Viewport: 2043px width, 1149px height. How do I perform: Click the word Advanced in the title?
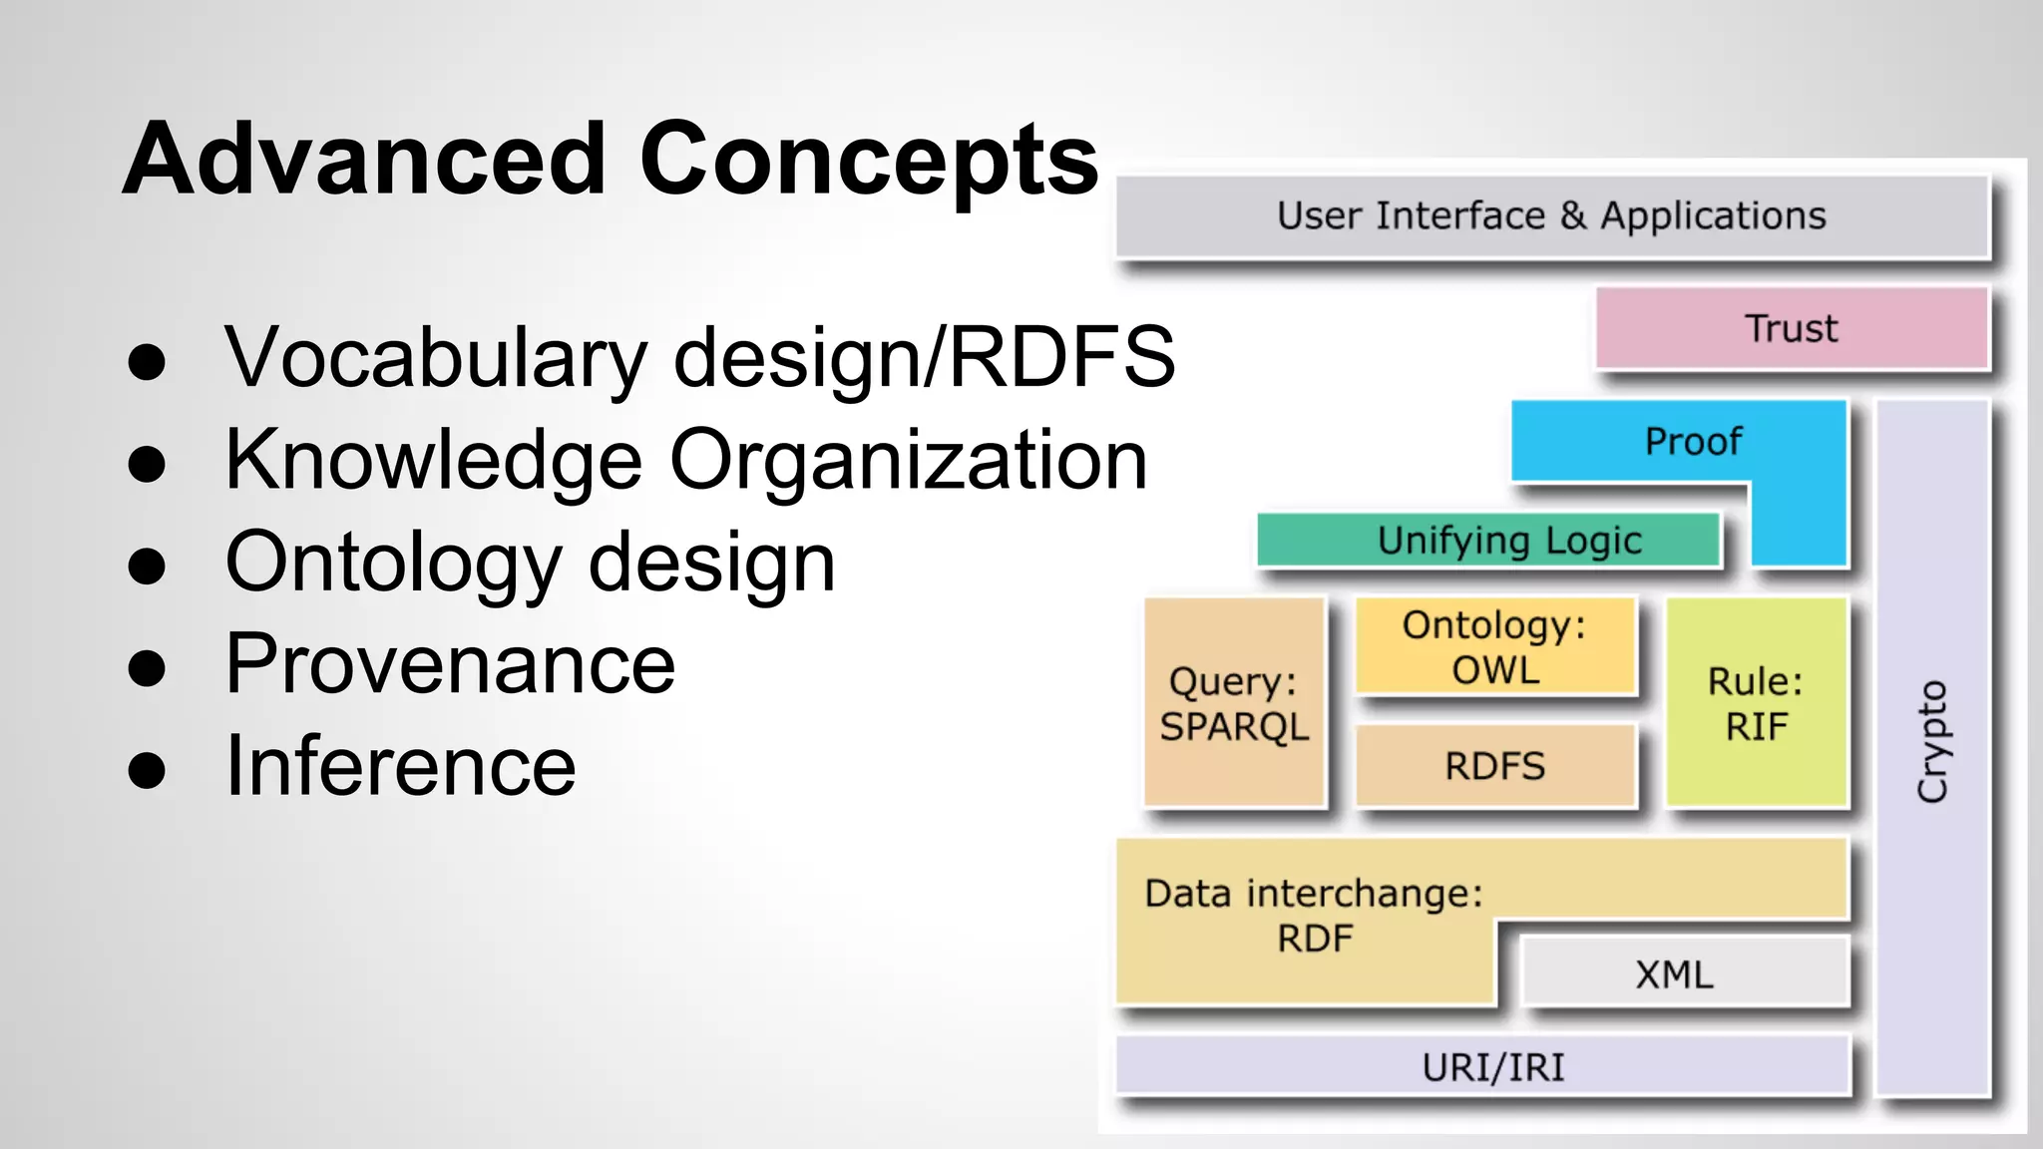(x=364, y=160)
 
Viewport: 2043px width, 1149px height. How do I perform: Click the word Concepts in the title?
(x=868, y=160)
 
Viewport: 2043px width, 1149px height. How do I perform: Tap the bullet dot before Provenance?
(x=147, y=667)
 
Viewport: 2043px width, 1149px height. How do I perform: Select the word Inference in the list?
(x=400, y=766)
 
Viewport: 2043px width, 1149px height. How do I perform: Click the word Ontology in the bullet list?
(x=393, y=565)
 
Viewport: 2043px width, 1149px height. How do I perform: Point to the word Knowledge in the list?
(x=433, y=460)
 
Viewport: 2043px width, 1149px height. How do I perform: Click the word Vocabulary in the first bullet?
(x=436, y=357)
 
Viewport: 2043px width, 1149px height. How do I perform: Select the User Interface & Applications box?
(x=1551, y=216)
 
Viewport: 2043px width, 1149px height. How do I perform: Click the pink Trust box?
(x=1791, y=328)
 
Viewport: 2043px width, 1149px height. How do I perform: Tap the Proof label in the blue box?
(x=1693, y=441)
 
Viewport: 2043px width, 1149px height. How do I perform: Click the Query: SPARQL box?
(x=1234, y=703)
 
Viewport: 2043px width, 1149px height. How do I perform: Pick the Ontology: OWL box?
(x=1494, y=646)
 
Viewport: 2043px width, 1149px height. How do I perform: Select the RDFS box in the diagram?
(x=1494, y=766)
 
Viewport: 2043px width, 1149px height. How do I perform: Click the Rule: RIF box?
(x=1756, y=703)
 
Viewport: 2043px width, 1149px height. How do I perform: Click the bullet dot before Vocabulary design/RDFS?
(x=147, y=362)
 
